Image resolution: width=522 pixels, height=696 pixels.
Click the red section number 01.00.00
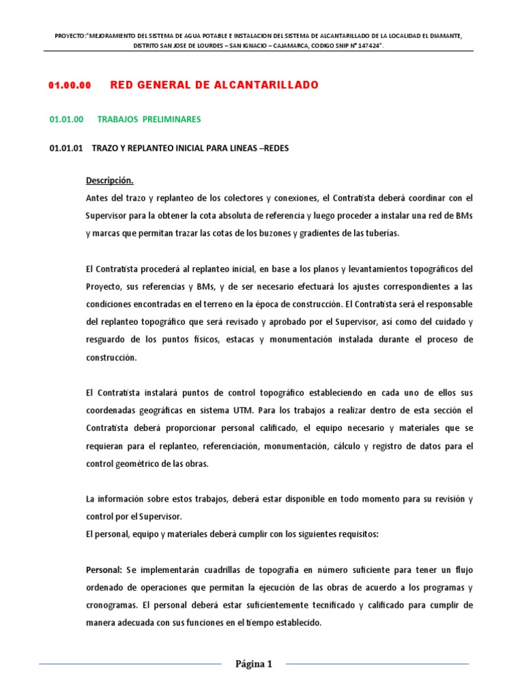[x=69, y=85]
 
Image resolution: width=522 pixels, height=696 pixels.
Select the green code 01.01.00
[x=67, y=119]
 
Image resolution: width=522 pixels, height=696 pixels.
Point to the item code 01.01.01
[x=67, y=148]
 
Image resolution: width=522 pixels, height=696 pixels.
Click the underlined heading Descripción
[x=109, y=181]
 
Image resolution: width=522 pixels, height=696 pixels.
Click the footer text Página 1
[x=253, y=665]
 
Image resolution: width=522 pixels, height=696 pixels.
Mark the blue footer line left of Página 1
[x=129, y=664]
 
